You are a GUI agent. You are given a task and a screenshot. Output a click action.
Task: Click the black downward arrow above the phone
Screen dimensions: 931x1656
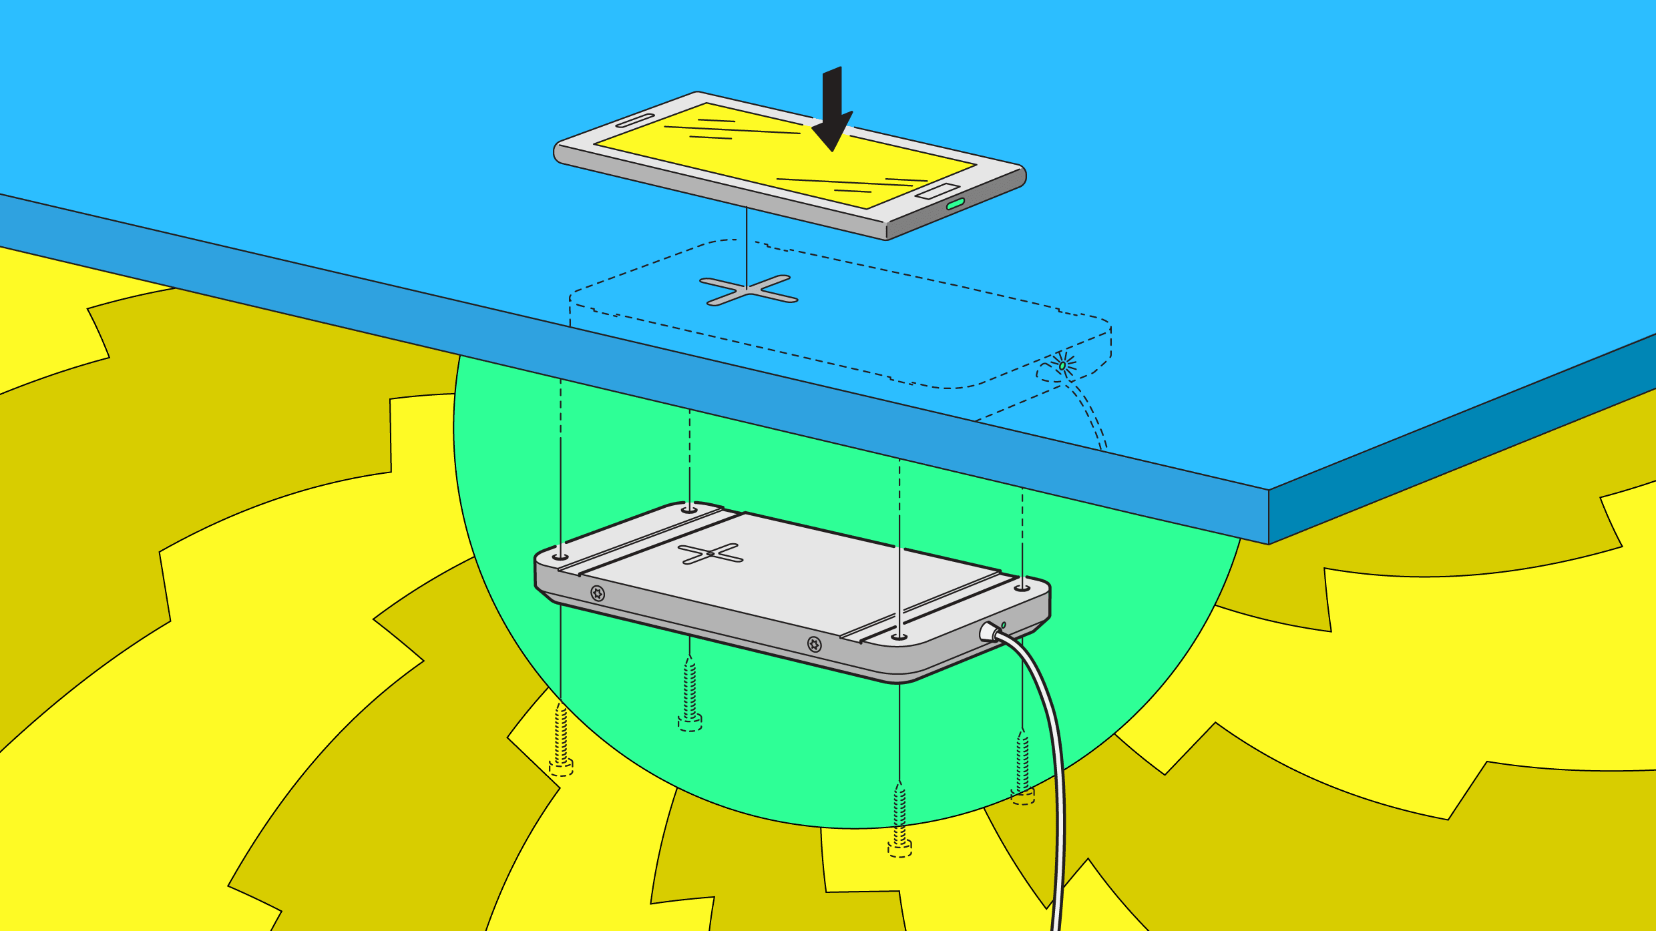832,113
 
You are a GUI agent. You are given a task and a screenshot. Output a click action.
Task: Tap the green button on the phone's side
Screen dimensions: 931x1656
956,204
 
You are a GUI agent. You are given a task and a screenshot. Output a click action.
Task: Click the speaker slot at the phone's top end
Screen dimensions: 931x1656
635,120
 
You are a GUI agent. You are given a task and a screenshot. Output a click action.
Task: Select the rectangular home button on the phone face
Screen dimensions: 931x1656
938,191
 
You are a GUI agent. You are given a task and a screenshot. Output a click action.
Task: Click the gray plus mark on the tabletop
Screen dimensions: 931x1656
749,290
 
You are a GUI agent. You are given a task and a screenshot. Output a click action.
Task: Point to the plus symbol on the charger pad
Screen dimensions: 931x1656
710,553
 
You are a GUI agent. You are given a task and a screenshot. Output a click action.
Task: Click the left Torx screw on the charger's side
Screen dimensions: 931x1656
598,593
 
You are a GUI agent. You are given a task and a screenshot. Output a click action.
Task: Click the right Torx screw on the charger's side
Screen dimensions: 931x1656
814,644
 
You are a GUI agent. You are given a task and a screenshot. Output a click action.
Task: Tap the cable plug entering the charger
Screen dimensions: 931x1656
989,631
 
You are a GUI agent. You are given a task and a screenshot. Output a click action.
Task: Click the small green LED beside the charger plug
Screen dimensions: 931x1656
1004,625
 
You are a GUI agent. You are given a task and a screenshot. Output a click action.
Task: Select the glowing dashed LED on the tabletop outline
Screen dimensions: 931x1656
1062,365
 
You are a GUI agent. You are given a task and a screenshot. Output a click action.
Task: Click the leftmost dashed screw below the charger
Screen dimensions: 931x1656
561,741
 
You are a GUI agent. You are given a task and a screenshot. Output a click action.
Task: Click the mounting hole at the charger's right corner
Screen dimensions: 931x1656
1022,588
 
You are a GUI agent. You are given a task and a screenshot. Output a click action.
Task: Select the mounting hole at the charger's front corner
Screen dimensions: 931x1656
899,637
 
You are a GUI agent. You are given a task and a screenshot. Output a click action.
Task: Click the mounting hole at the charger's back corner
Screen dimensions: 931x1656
689,510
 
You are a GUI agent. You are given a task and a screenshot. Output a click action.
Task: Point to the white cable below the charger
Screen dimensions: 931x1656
1058,801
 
